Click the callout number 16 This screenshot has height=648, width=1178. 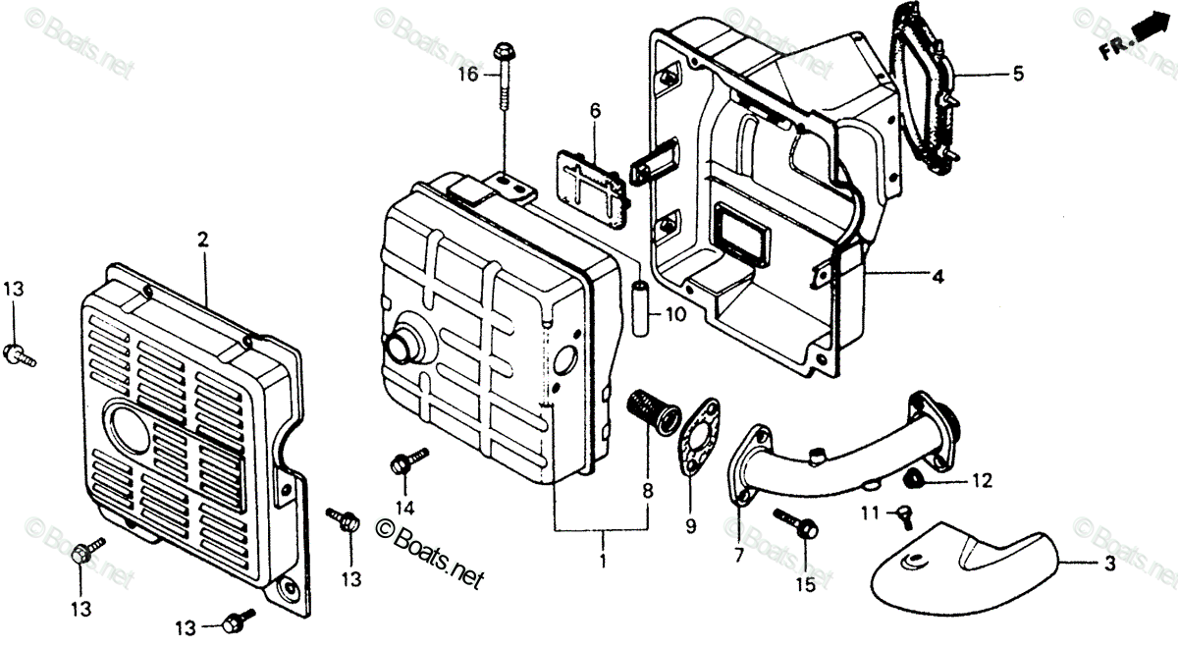tap(466, 74)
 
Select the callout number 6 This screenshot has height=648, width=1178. tap(595, 112)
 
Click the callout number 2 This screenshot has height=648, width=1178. tap(202, 239)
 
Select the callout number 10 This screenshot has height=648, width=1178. tap(673, 316)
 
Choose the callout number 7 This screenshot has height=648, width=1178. tap(738, 556)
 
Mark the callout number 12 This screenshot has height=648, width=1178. tap(983, 481)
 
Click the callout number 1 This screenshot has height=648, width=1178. tap(603, 563)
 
